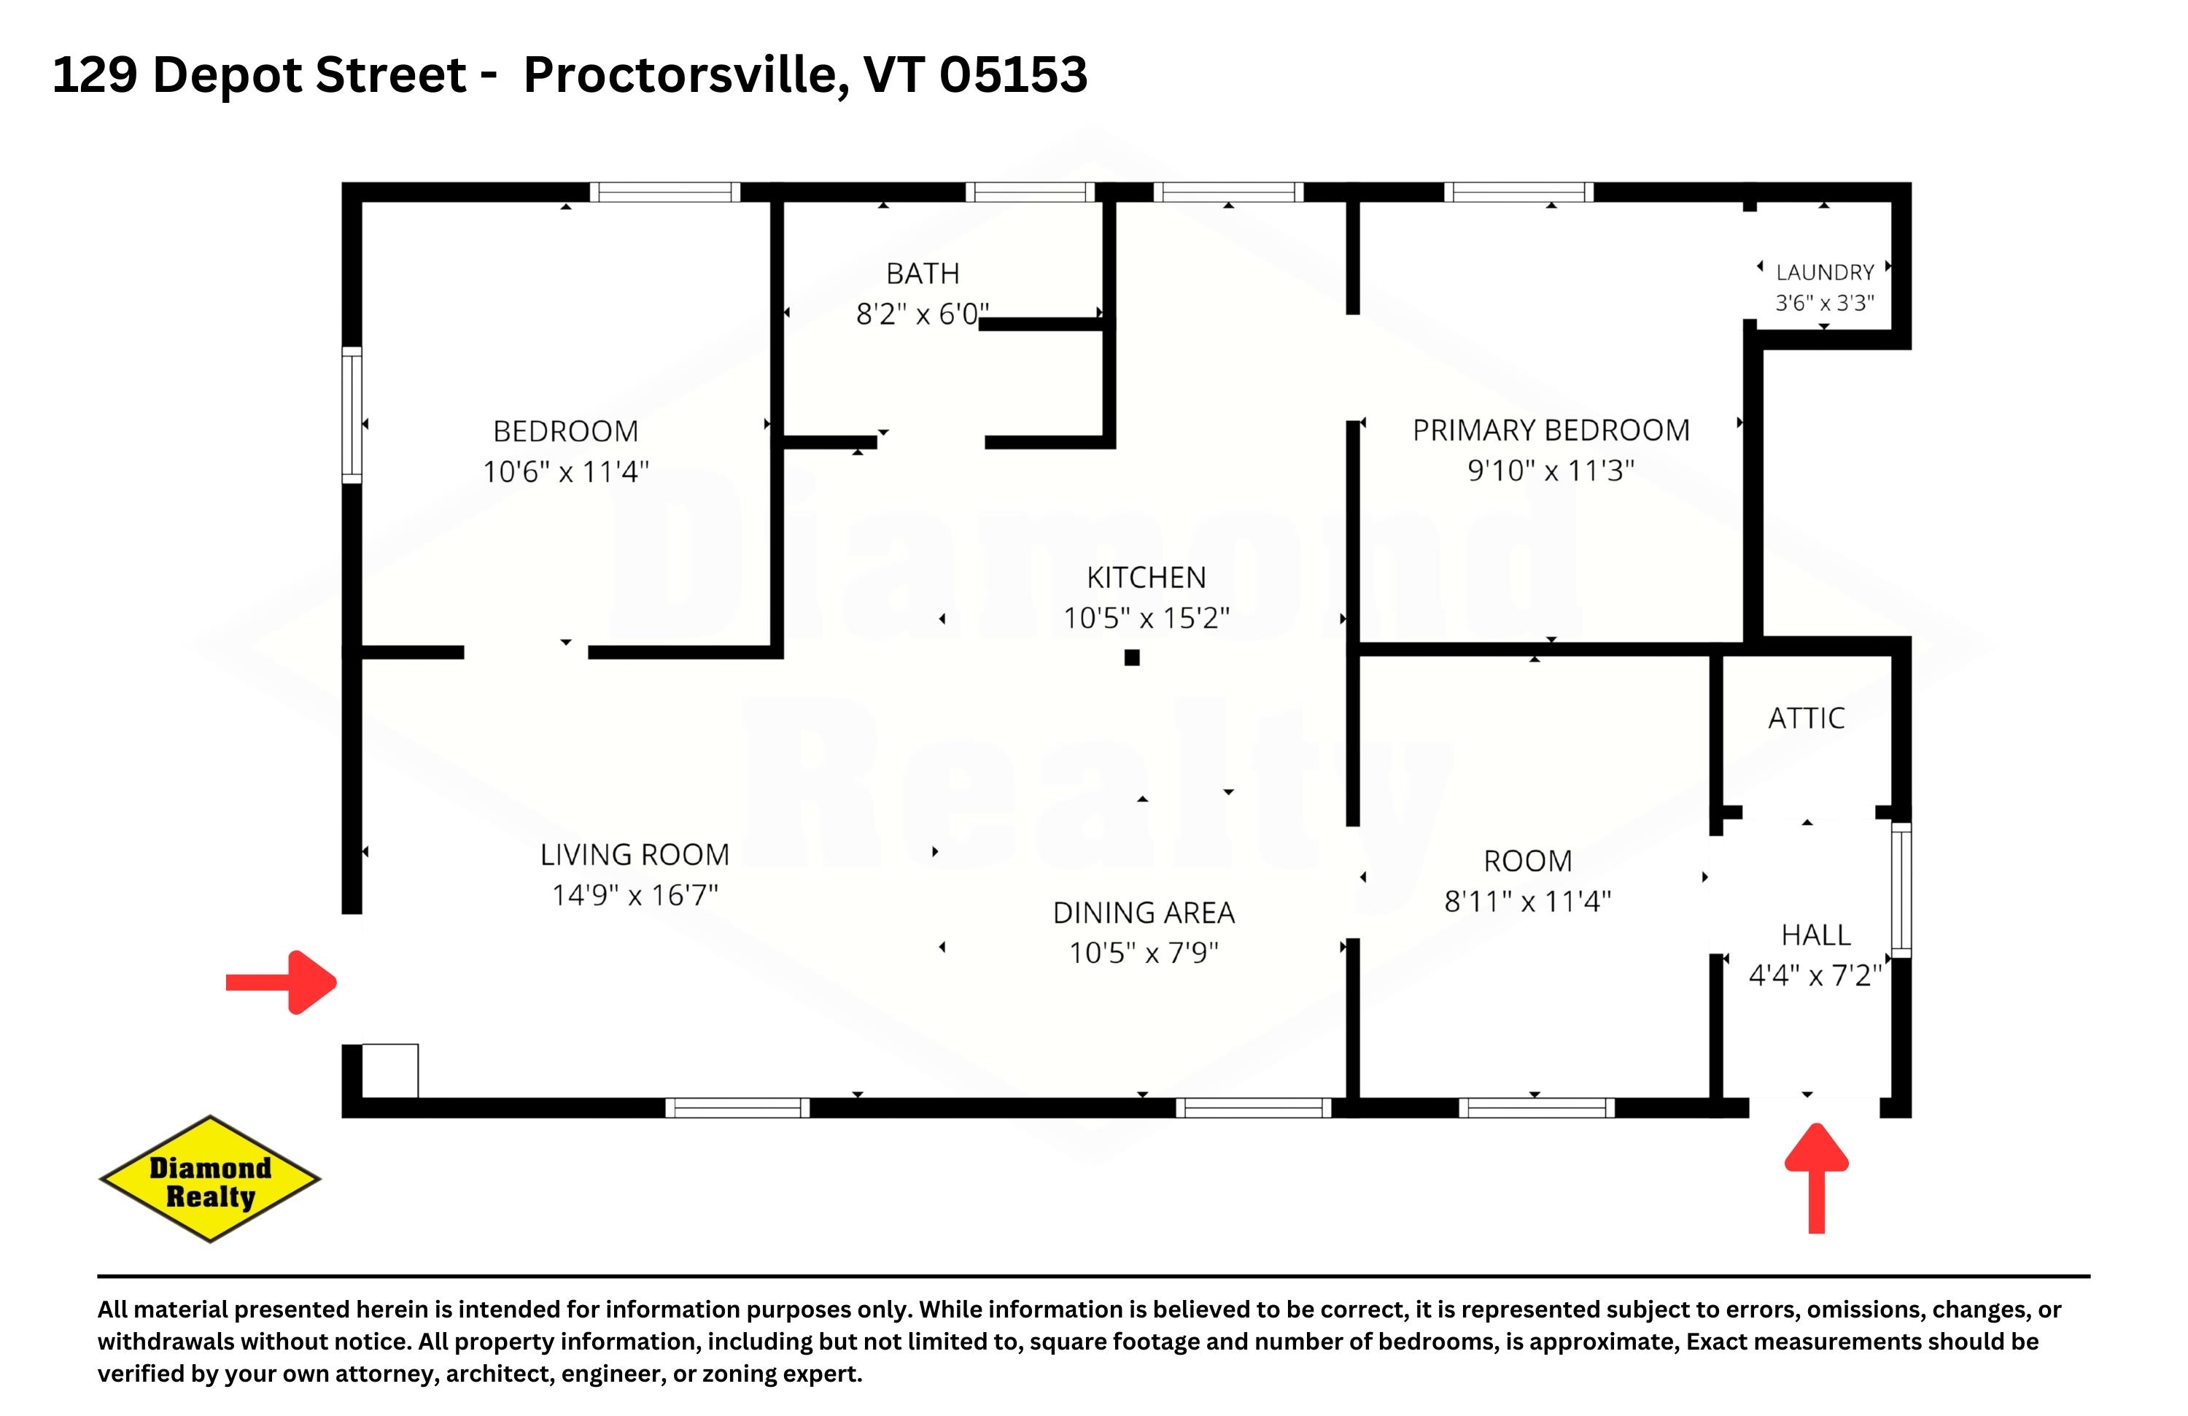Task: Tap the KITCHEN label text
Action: (x=1147, y=578)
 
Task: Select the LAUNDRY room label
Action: (x=1824, y=272)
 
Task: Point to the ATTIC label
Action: (x=1807, y=718)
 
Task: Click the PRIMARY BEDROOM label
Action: (x=1551, y=430)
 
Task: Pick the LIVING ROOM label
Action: (x=635, y=855)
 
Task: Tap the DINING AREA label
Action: (x=1144, y=913)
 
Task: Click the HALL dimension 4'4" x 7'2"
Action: (x=1815, y=975)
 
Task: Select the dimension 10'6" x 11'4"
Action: (x=566, y=472)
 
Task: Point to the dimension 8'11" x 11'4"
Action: (x=1528, y=901)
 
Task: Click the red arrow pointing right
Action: (x=282, y=983)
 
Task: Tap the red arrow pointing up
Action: (x=1817, y=1178)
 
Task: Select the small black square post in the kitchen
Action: (x=1132, y=657)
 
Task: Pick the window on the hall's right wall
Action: (x=1901, y=890)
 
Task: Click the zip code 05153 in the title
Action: (x=1013, y=74)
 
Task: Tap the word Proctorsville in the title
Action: (x=680, y=74)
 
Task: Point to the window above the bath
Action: (x=1030, y=192)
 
